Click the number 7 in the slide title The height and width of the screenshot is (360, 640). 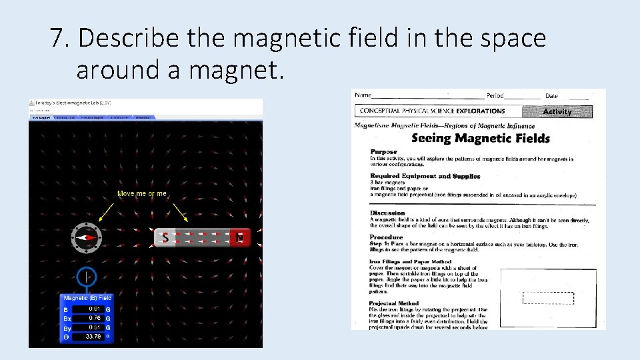tap(58, 39)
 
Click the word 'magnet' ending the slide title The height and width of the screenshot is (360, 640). tap(225, 69)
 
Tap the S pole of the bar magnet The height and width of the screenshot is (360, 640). tap(165, 237)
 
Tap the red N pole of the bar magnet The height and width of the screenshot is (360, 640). tap(240, 237)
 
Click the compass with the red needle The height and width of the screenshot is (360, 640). tap(87, 237)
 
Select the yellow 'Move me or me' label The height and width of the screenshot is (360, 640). tap(142, 193)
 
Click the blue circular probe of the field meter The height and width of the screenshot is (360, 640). tap(87, 277)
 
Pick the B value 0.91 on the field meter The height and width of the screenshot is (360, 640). tap(95, 309)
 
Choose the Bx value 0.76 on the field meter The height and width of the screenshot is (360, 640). tap(95, 319)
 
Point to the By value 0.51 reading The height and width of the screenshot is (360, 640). tap(95, 328)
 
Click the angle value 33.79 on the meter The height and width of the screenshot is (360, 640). tap(94, 337)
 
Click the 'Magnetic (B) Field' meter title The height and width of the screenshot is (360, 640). tap(87, 298)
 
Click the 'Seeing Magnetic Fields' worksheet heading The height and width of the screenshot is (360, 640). tap(480, 139)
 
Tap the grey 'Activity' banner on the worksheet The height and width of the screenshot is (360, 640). tap(557, 111)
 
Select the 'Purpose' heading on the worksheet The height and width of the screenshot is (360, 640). tap(383, 152)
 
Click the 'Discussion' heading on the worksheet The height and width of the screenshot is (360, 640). tap(387, 213)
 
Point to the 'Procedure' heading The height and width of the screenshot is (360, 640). tap(386, 237)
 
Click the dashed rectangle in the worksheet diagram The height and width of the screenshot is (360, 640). tap(548, 298)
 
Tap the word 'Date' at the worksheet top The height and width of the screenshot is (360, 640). tap(551, 96)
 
